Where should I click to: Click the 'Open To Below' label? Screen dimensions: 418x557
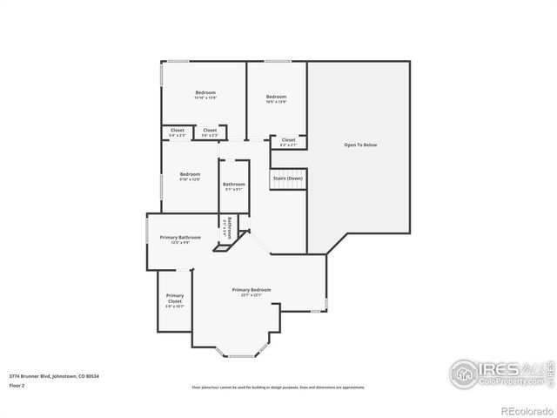[359, 145]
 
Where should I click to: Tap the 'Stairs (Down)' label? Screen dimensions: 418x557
[288, 178]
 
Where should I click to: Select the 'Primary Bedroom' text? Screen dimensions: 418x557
[251, 289]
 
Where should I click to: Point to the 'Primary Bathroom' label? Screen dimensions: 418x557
[180, 237]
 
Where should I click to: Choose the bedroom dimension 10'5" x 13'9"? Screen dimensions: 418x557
[276, 102]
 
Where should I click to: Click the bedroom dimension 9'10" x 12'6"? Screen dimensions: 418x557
[190, 179]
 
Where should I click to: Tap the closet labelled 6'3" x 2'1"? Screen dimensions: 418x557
[288, 145]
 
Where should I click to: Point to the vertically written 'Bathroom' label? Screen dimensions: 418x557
[229, 228]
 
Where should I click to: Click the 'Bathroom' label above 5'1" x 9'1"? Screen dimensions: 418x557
[233, 184]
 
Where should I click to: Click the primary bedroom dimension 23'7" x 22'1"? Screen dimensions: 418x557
[251, 295]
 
